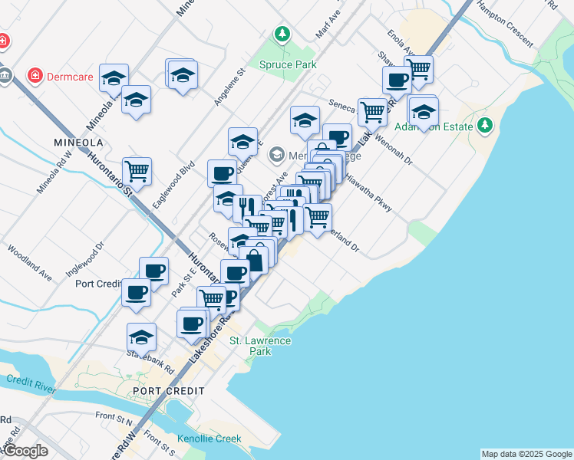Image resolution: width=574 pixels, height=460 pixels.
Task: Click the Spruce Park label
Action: (288, 64)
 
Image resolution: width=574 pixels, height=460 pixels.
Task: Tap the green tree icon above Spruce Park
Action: (283, 34)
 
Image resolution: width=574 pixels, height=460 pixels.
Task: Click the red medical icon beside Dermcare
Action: (34, 76)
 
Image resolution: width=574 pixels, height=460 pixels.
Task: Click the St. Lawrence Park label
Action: (260, 346)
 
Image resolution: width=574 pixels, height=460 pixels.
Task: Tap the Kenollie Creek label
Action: (209, 439)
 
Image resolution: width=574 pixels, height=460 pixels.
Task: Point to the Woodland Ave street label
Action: (30, 263)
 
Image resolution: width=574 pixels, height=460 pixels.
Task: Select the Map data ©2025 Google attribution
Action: (526, 454)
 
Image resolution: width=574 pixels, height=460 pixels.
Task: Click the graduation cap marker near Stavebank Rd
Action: (141, 337)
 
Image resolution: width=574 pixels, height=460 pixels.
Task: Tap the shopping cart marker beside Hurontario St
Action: (137, 171)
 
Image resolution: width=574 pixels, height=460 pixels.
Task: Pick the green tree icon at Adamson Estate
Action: (484, 124)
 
